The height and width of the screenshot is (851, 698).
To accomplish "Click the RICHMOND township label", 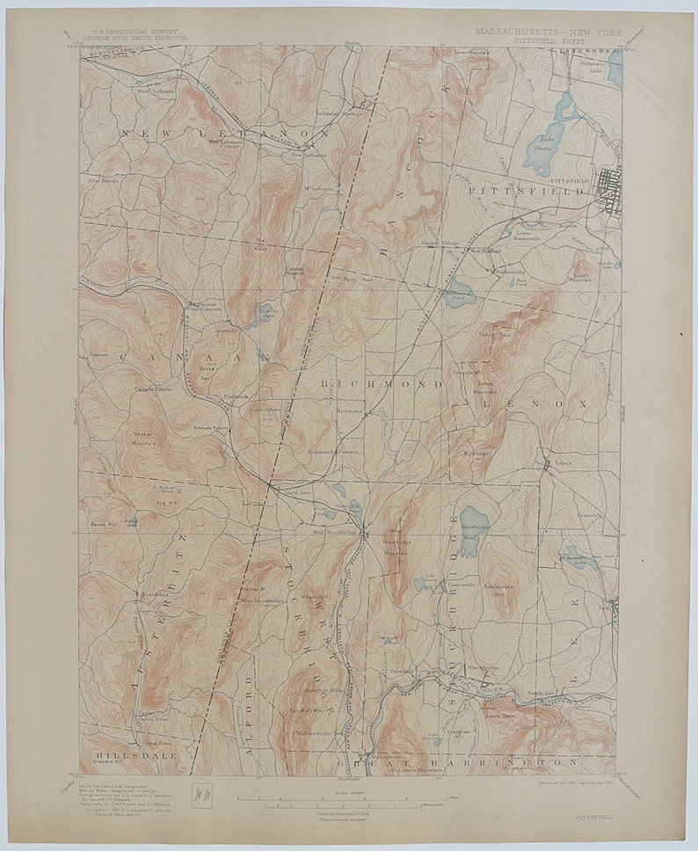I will [382, 384].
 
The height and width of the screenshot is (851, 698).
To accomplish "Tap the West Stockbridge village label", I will [333, 533].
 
